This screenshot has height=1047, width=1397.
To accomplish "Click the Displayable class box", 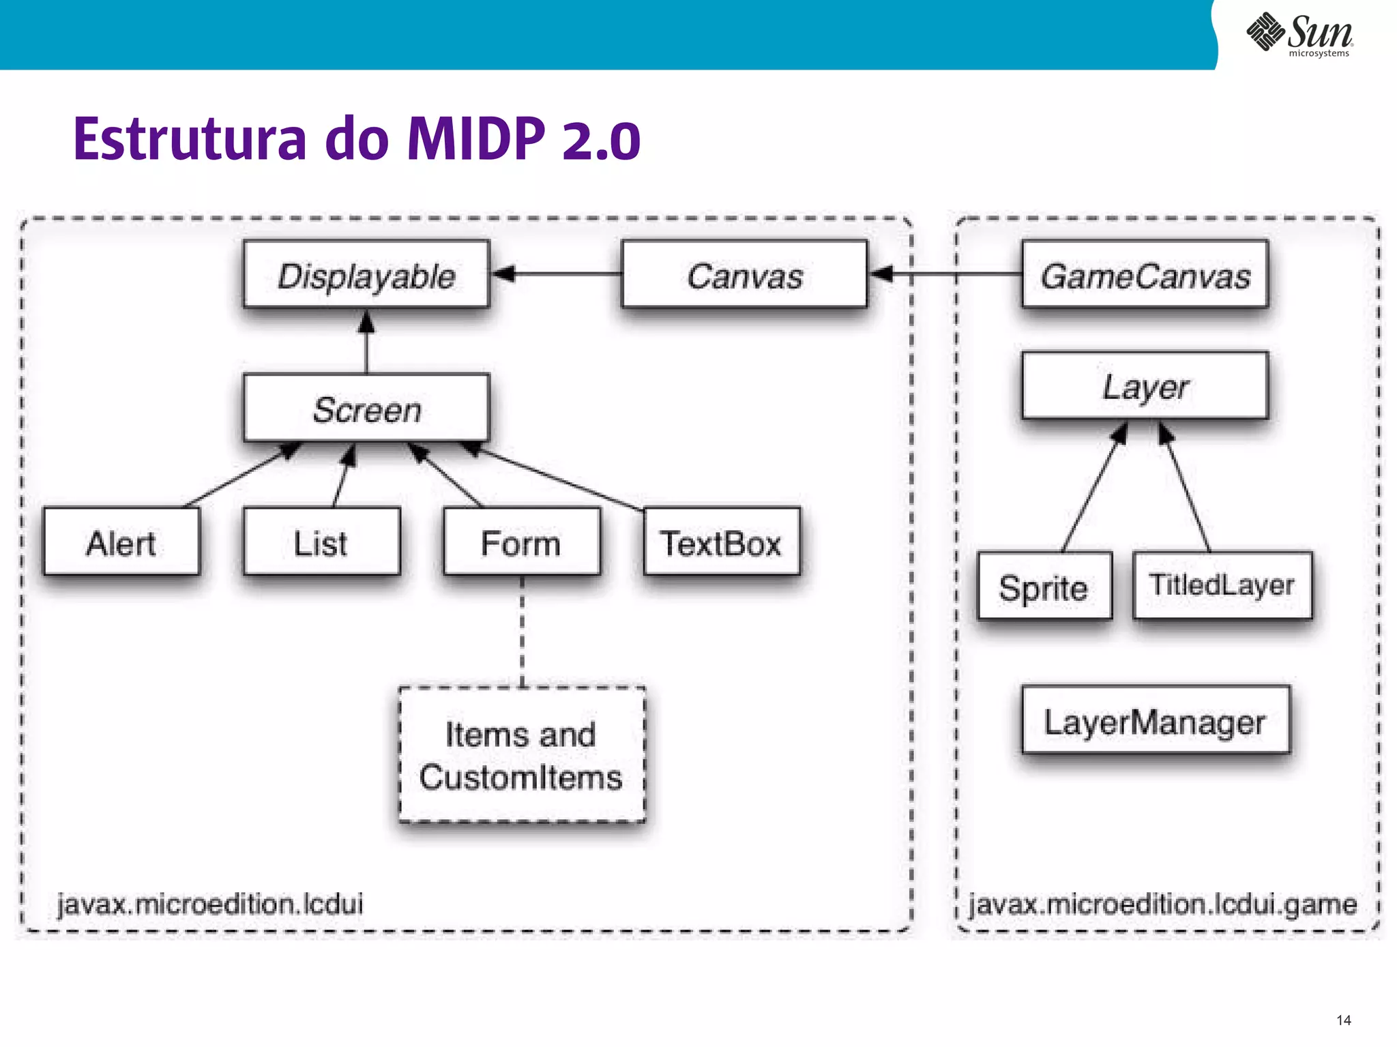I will (366, 274).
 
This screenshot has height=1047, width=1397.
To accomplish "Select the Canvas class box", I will (744, 274).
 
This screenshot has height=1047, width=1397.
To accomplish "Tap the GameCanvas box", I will (1145, 274).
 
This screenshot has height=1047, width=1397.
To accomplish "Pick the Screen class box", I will (366, 408).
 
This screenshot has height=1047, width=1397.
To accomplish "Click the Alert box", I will (121, 542).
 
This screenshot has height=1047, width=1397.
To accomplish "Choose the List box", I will (321, 542).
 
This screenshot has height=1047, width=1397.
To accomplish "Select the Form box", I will (522, 542).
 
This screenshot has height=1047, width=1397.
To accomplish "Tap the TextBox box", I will (722, 542).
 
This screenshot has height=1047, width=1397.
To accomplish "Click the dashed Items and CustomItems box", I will (522, 754).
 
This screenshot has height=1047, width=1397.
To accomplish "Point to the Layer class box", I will (1145, 386).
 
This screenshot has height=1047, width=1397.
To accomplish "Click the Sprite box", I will (1044, 586).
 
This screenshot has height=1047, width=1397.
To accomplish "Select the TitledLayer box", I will (1222, 585).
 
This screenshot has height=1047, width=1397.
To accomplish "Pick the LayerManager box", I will (1156, 720).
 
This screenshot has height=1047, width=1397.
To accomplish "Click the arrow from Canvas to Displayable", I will (556, 274).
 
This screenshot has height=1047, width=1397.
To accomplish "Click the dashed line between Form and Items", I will (523, 631).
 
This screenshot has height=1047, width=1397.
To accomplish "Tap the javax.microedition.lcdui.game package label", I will (1163, 904).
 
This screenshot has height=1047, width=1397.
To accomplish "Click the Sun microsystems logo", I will (1299, 34).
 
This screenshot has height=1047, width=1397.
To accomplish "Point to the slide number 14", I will (1343, 1020).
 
